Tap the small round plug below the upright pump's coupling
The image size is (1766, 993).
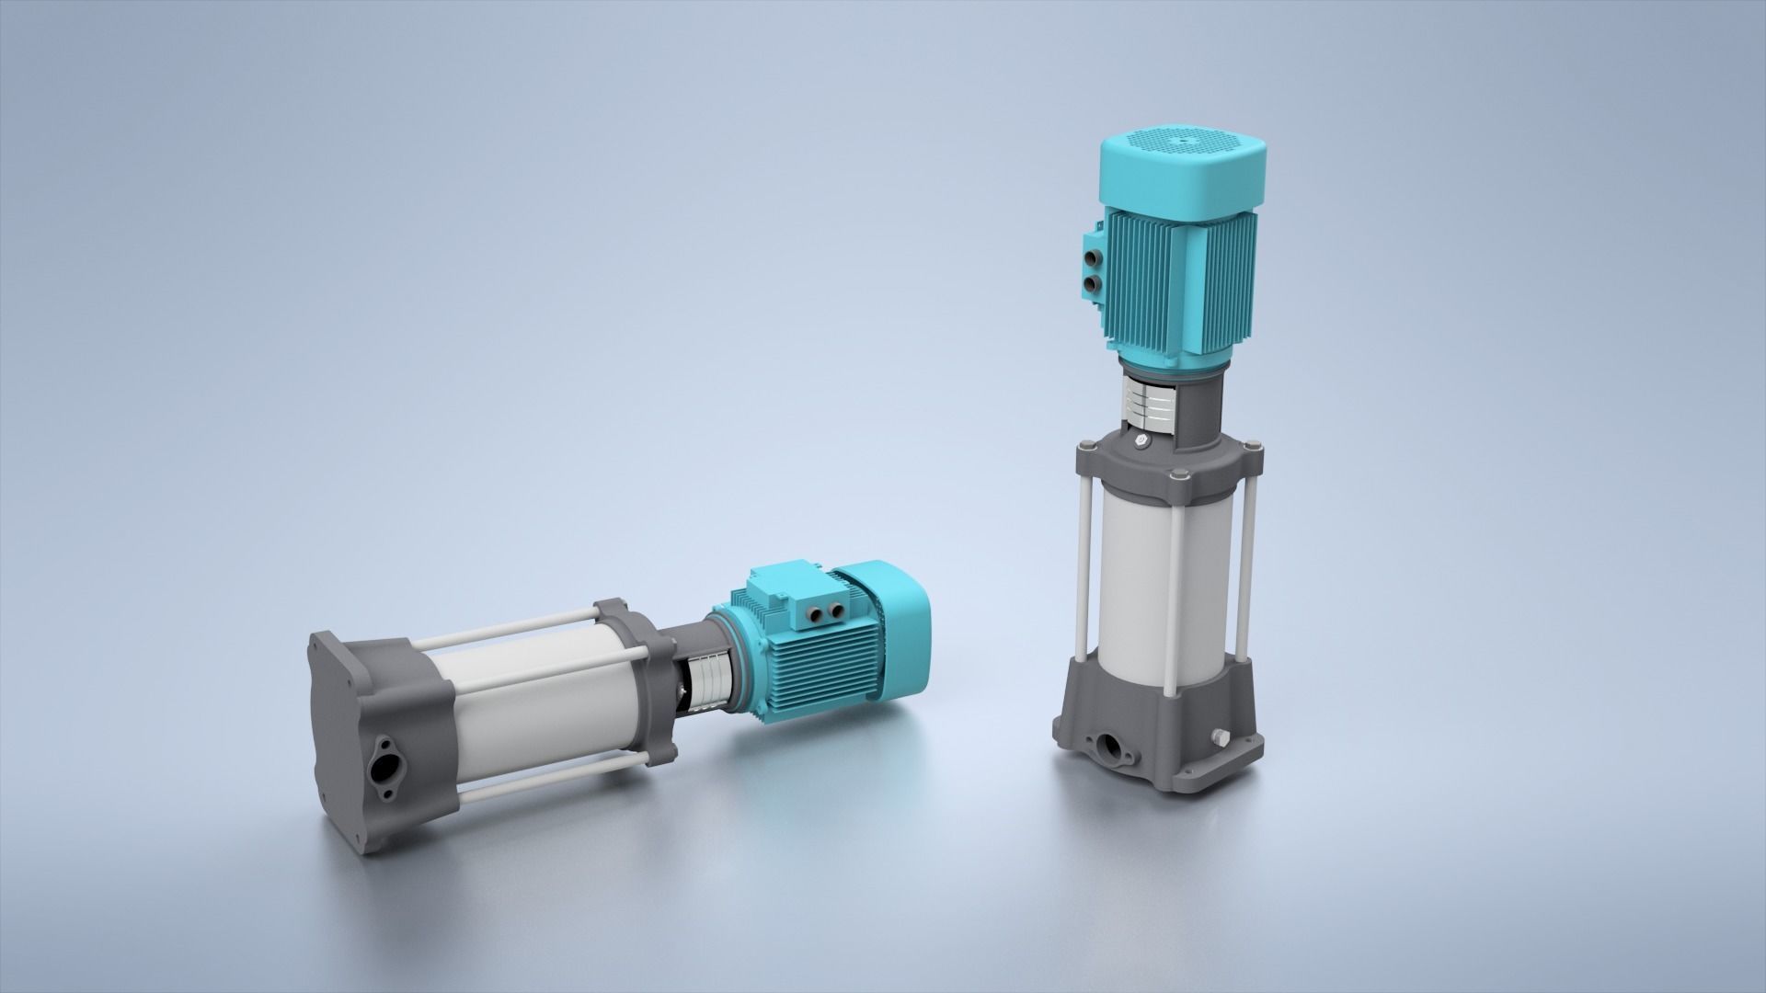pyautogui.click(x=1141, y=443)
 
